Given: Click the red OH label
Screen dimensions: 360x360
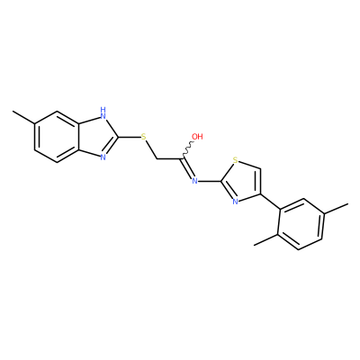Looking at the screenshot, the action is point(197,137).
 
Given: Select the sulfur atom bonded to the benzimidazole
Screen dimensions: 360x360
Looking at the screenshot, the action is point(144,137).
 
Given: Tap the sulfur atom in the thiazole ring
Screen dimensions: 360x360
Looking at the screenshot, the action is point(236,161).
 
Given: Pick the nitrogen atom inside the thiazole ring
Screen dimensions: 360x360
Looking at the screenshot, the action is point(235,202).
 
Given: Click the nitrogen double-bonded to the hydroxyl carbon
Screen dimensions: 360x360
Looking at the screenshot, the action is point(194,181).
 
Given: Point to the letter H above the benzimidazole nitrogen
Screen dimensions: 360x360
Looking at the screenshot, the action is point(103,109).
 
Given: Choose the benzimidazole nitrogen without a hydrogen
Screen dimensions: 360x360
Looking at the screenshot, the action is point(103,157).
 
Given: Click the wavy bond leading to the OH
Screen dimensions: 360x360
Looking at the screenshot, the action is point(188,149).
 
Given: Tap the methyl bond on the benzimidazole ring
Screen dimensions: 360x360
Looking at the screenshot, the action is point(24,118).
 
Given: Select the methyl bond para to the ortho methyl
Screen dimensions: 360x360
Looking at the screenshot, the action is point(337,209).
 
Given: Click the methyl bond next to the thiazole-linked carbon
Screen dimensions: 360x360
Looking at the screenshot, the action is point(266,239).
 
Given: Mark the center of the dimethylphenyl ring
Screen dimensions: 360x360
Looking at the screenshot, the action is point(301,224).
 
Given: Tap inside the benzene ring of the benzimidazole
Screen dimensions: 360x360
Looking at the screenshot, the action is point(58,137).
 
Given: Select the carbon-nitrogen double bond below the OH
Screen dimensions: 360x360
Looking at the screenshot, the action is point(187,168).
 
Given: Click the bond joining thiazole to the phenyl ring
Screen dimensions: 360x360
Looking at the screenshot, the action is point(270,202).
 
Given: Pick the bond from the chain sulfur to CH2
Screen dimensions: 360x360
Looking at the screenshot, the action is point(151,149).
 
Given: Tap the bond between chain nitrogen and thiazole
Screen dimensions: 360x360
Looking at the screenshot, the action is point(211,181).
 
